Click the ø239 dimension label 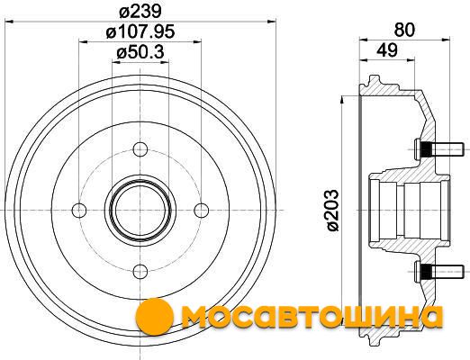[x=140, y=12]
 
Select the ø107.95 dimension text [x=140, y=31]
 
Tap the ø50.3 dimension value [x=140, y=52]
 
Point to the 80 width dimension [x=404, y=30]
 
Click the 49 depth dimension [x=387, y=50]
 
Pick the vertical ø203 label [x=332, y=210]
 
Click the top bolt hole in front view [x=140, y=149]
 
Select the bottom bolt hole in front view [x=140, y=272]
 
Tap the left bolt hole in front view [x=79, y=210]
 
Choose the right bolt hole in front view [x=201, y=210]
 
